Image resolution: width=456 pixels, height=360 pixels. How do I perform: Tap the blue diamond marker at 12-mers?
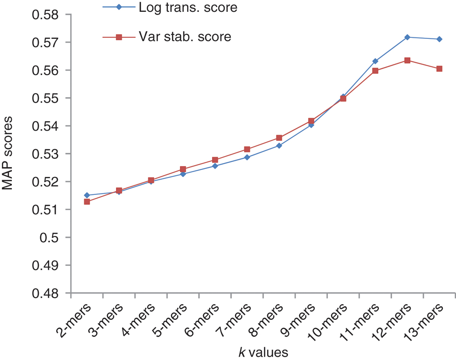pyautogui.click(x=407, y=37)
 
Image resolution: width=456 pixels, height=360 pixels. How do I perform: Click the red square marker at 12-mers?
pyautogui.click(x=407, y=61)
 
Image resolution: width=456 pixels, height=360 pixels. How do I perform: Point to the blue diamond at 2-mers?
pyautogui.click(x=87, y=195)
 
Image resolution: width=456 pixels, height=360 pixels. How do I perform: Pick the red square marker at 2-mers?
pyautogui.click(x=87, y=202)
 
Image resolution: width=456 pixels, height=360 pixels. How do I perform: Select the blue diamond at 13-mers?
pyautogui.click(x=439, y=39)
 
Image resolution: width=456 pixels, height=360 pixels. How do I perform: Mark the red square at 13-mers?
pyautogui.click(x=439, y=69)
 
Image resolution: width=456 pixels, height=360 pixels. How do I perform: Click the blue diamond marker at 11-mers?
pyautogui.click(x=376, y=61)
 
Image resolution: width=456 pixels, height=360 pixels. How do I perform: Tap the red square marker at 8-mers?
pyautogui.click(x=279, y=138)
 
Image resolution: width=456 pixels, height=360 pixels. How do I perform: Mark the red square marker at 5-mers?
pyautogui.click(x=183, y=169)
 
